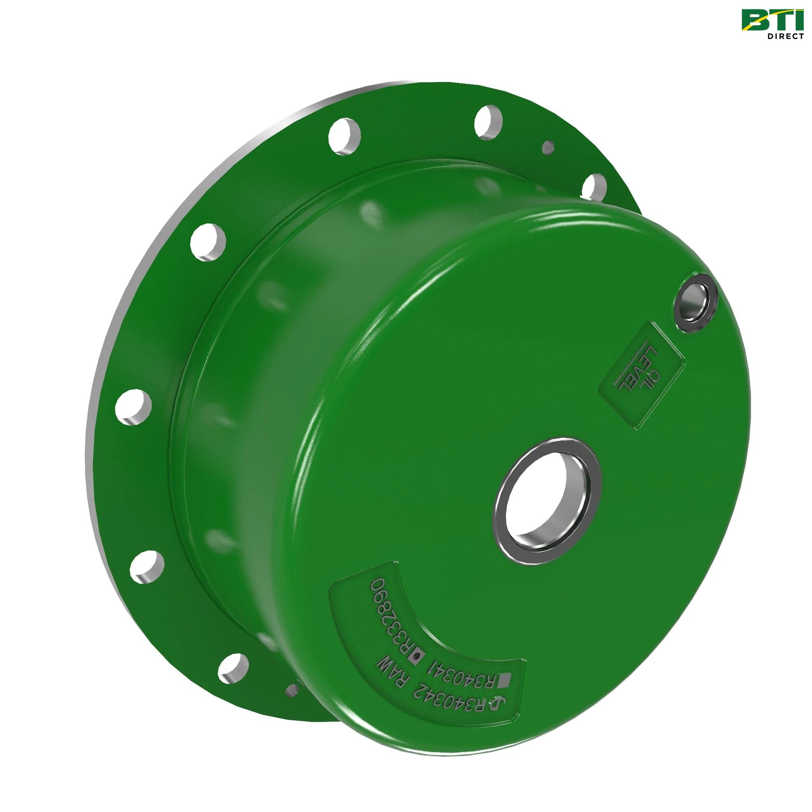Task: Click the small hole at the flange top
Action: [547, 147]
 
